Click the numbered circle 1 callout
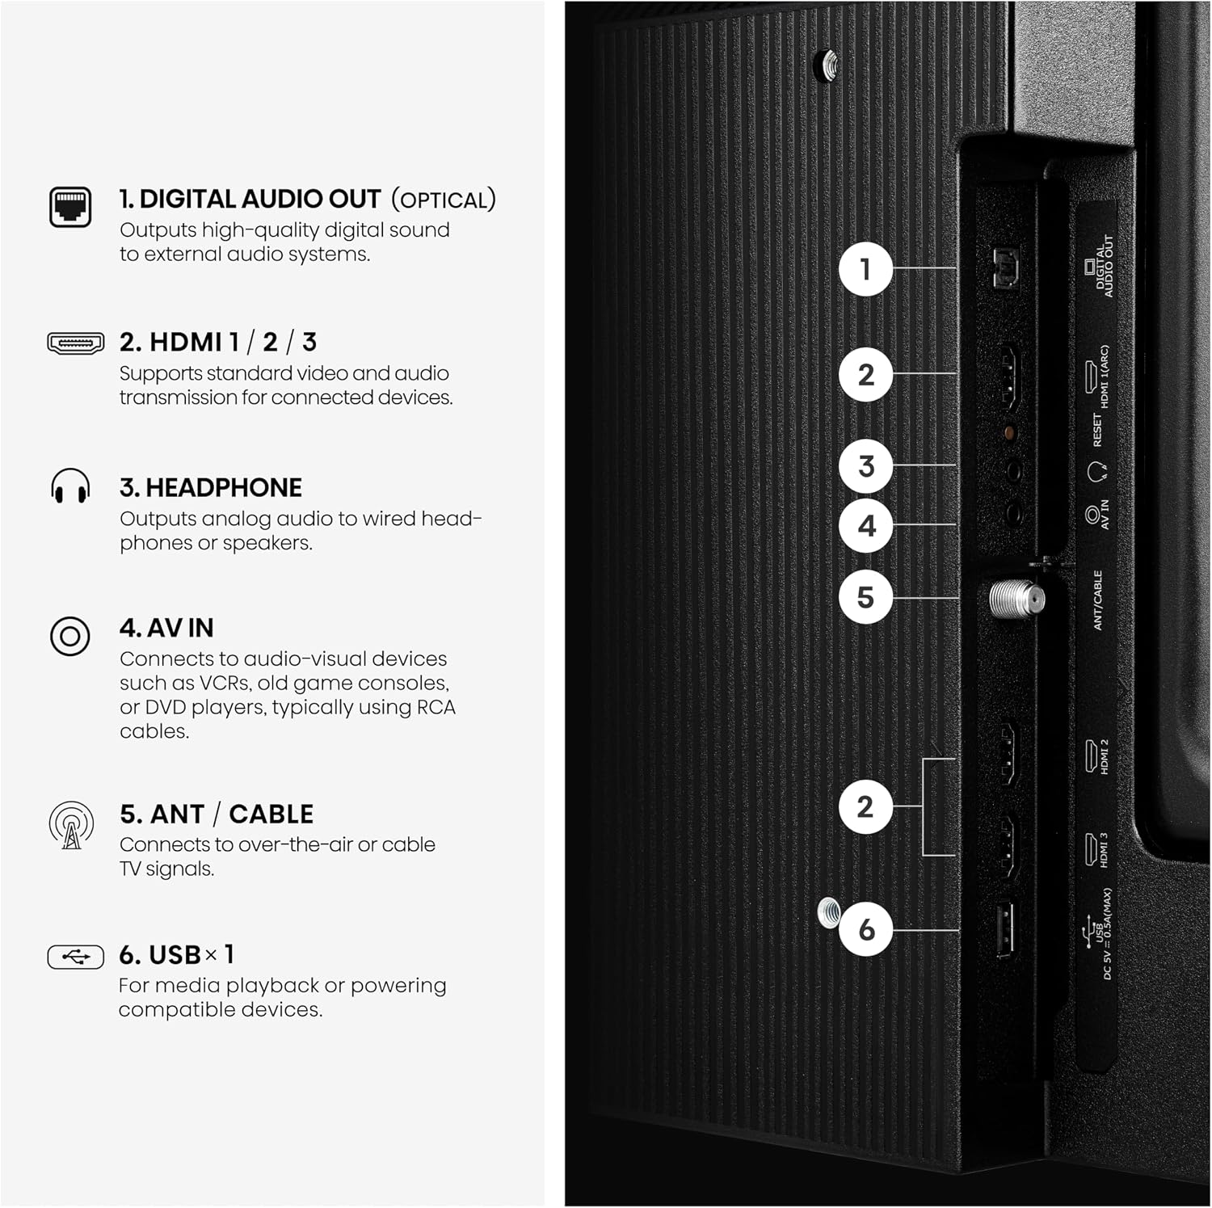tap(865, 269)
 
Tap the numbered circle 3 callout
tap(865, 466)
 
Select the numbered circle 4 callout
tap(865, 526)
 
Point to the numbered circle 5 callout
tap(865, 597)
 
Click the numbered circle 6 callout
tap(865, 929)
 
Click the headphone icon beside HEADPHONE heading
tap(70, 486)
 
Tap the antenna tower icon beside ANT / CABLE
tap(71, 825)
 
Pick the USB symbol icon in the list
tap(75, 957)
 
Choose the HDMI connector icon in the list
tap(76, 343)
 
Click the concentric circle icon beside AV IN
tap(70, 636)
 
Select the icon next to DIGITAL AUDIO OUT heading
tap(70, 208)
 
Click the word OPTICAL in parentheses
tap(444, 200)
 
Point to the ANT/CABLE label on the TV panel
tap(1097, 600)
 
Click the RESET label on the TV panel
tap(1096, 430)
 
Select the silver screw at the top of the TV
tap(826, 62)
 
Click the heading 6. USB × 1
tap(177, 954)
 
